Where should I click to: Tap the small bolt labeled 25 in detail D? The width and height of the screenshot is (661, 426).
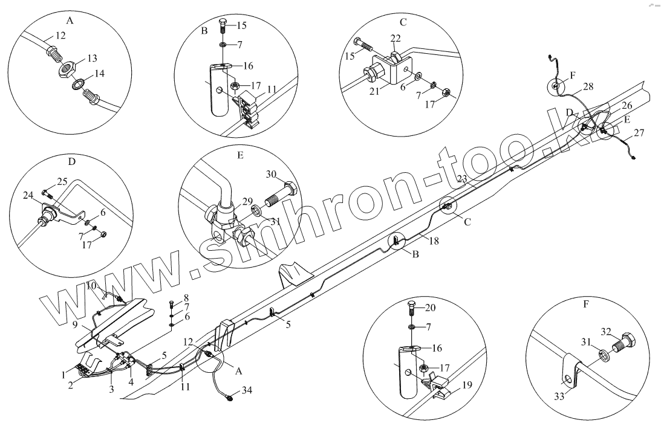coord(47,193)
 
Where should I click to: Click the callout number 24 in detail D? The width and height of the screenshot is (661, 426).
coord(28,195)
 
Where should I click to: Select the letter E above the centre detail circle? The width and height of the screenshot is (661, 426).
coord(240,155)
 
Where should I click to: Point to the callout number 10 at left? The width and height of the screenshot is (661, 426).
coord(91,285)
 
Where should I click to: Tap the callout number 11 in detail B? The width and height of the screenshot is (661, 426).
coord(271,89)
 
